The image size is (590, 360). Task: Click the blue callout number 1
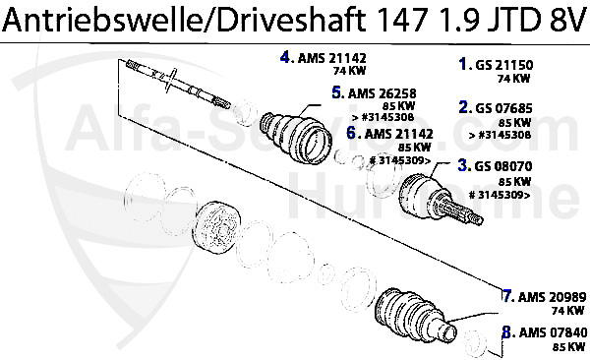pos(463,64)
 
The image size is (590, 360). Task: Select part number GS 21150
pos(504,65)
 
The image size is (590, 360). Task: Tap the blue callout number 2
pos(464,107)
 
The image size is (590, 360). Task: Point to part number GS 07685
pos(504,108)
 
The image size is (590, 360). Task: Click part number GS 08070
pos(503,166)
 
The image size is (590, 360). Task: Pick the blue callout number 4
pos(285,57)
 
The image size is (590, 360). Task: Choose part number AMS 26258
pos(383,93)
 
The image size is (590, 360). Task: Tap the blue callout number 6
pos(351,133)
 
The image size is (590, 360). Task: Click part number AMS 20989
pos(553,297)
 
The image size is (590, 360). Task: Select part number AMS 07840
pos(553,332)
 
